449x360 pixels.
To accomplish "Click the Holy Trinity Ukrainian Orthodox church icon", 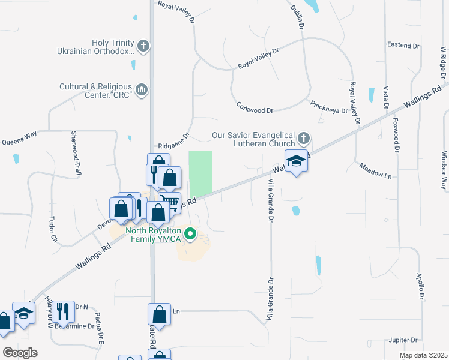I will (x=143, y=46).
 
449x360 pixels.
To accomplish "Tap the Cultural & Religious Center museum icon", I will (x=142, y=90).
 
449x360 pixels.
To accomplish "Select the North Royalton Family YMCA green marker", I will (x=190, y=234).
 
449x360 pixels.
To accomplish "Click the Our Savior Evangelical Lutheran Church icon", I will (x=304, y=139).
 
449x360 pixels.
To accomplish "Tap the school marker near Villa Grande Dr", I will (x=296, y=161).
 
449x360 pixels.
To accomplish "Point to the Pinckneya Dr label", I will (x=329, y=110).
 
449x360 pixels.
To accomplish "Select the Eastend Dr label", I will (x=403, y=46).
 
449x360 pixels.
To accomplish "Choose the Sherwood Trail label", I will (x=76, y=153).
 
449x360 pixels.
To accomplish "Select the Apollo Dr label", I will (x=421, y=286).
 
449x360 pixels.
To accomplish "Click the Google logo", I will (x=20, y=353).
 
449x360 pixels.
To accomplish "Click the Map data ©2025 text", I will (x=423, y=355).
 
